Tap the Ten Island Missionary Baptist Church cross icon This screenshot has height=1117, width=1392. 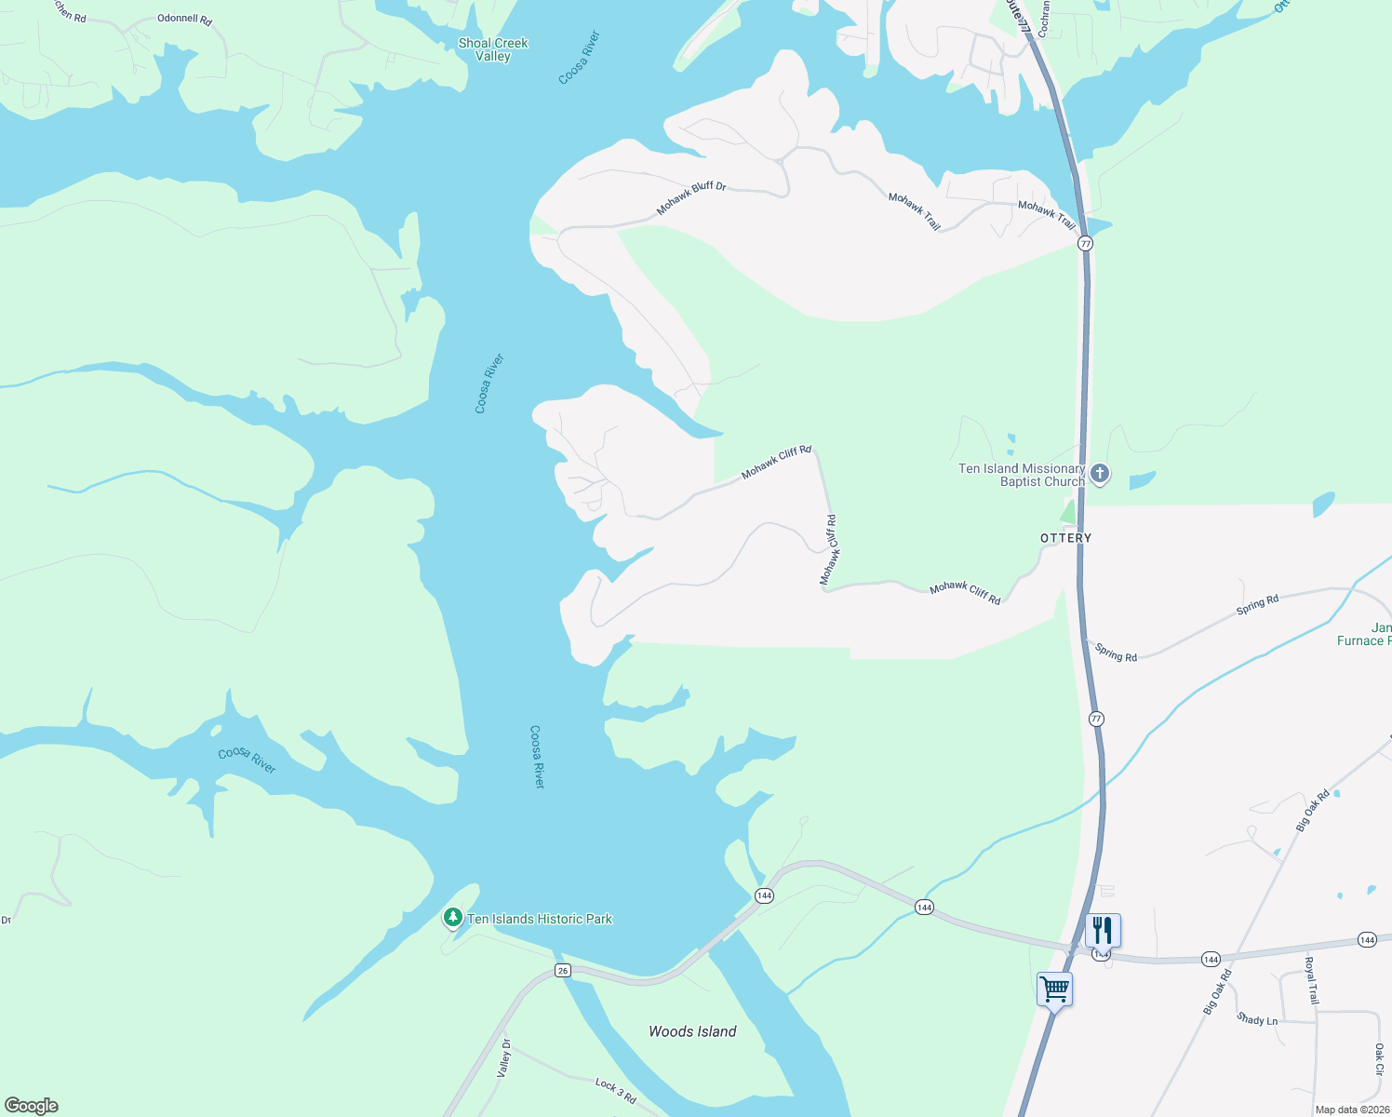(1100, 474)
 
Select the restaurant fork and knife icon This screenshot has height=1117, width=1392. (1103, 930)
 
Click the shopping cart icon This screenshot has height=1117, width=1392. (1054, 989)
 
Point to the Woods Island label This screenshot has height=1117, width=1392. (692, 1031)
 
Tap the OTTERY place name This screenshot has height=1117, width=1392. (1065, 538)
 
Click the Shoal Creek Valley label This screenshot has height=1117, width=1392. (493, 49)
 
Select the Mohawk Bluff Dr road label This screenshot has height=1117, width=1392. (691, 198)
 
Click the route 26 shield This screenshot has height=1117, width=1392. (562, 971)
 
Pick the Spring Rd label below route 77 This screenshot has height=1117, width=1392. (1116, 653)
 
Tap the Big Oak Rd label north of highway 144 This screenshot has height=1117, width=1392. (1312, 810)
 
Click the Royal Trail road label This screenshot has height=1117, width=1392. (1311, 980)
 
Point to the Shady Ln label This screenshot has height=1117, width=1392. (1257, 1019)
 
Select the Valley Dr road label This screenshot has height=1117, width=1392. (504, 1058)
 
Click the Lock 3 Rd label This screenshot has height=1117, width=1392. (615, 1090)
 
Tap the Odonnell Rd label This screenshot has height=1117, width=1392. (184, 19)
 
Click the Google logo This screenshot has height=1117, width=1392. (32, 1106)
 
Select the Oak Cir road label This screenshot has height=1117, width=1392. (1379, 1059)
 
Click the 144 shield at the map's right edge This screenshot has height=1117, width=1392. (1366, 939)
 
